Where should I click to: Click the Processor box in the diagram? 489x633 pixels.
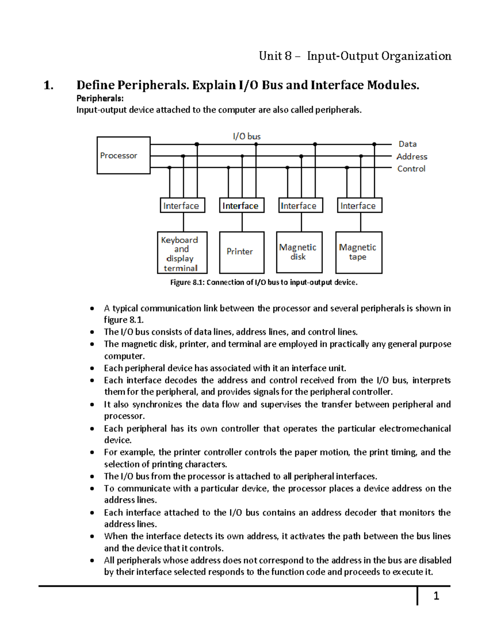tap(123, 155)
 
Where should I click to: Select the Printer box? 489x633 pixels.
tap(242, 252)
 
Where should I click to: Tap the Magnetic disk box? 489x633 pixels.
tap(299, 252)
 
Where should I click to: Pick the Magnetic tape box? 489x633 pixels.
tap(359, 252)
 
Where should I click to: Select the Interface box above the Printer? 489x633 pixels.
tap(242, 206)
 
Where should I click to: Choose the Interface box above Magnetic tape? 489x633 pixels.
tap(359, 206)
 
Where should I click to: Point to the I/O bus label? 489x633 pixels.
tap(247, 137)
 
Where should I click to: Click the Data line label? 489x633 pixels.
tap(407, 144)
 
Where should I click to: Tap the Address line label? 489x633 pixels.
tap(412, 157)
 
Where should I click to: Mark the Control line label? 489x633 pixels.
tap(411, 169)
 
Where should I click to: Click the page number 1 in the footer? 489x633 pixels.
tap(436, 596)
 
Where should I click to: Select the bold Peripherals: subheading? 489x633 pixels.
tap(100, 98)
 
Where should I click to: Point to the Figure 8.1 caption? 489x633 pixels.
tap(264, 282)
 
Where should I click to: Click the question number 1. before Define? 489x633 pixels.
tap(48, 85)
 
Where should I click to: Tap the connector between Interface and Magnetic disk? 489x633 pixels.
tap(302, 222)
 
